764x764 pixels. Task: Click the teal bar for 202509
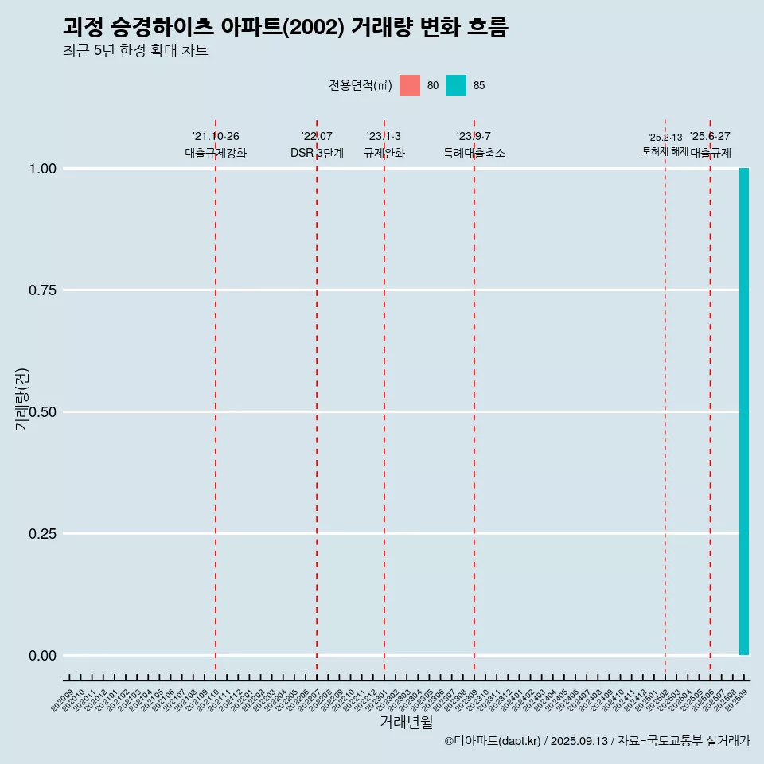pyautogui.click(x=744, y=411)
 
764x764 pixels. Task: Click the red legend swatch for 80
pyautogui.click(x=410, y=85)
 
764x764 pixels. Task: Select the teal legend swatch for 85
pyautogui.click(x=456, y=85)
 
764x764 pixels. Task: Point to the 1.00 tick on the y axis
pyautogui.click(x=42, y=168)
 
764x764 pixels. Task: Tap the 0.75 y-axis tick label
pyautogui.click(x=42, y=290)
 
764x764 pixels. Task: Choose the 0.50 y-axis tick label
pyautogui.click(x=42, y=411)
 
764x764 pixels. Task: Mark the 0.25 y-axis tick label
pyautogui.click(x=42, y=533)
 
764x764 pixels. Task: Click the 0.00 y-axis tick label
pyautogui.click(x=42, y=655)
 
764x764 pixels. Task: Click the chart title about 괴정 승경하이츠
pyautogui.click(x=285, y=27)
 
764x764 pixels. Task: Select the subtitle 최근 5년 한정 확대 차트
pyautogui.click(x=135, y=51)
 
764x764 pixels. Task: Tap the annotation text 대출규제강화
pyautogui.click(x=216, y=153)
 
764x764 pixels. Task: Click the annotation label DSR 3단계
pyautogui.click(x=317, y=153)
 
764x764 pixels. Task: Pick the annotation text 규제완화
pyautogui.click(x=384, y=153)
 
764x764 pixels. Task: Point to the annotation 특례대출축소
pyautogui.click(x=474, y=153)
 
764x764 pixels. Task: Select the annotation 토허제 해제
pyautogui.click(x=665, y=151)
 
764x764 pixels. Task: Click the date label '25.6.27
pyautogui.click(x=710, y=137)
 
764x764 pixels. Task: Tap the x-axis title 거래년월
pyautogui.click(x=407, y=722)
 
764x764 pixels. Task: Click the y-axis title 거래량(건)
pyautogui.click(x=22, y=399)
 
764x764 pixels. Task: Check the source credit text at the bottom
pyautogui.click(x=597, y=741)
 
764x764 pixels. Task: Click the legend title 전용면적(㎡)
pyautogui.click(x=360, y=85)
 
